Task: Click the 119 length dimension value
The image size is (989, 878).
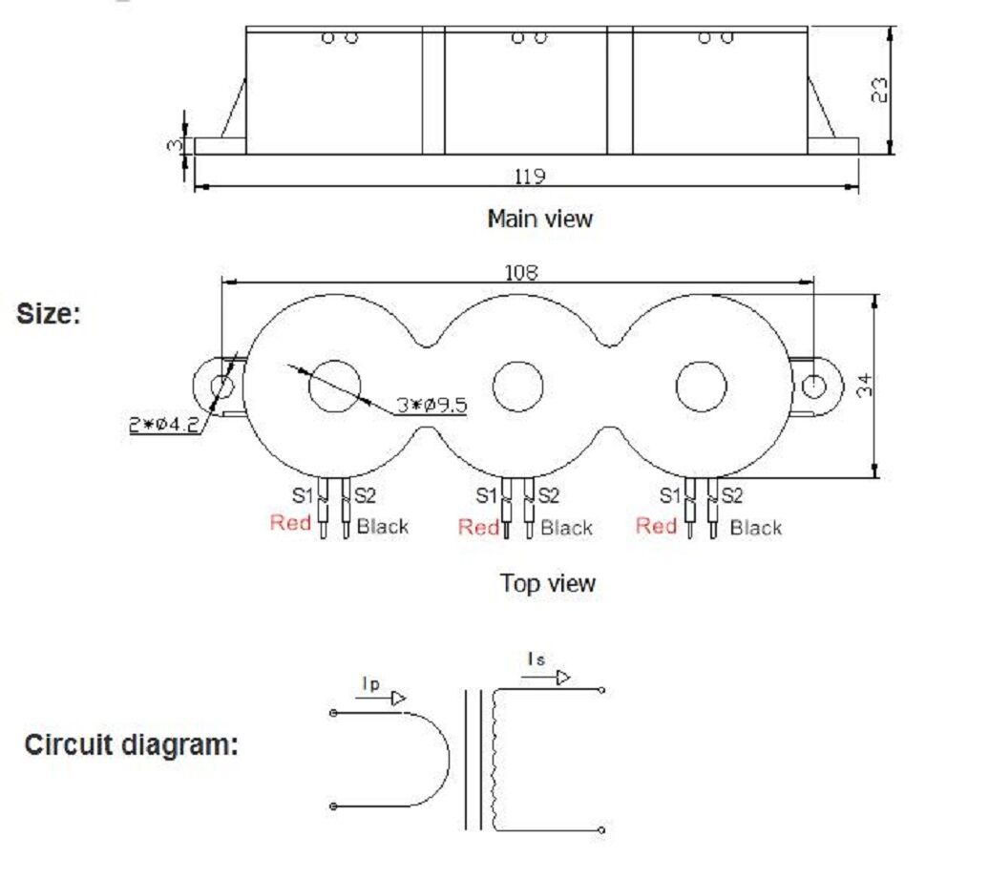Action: click(530, 176)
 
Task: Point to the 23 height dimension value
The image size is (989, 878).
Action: click(878, 90)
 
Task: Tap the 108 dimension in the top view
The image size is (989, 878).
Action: click(521, 273)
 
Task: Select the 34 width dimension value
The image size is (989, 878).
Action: click(865, 385)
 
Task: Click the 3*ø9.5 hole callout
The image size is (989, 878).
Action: click(432, 405)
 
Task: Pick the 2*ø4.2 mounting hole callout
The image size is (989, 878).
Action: click(164, 425)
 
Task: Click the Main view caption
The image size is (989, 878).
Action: click(540, 219)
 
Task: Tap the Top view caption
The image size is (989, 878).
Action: click(548, 583)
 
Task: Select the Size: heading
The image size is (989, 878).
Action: click(49, 313)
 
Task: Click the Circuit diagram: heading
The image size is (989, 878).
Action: click(131, 744)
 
